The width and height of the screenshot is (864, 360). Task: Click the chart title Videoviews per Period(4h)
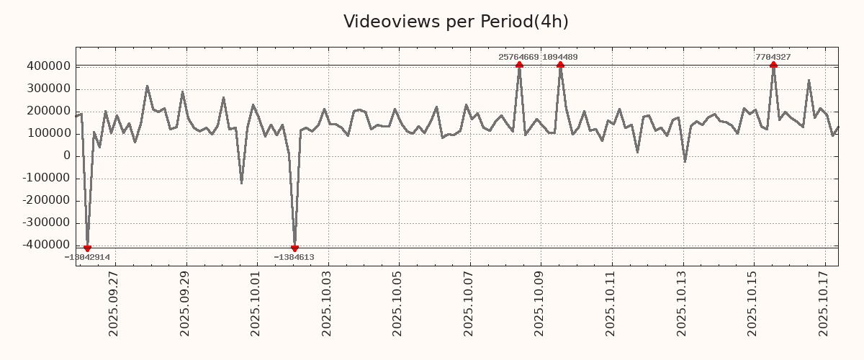tap(456, 22)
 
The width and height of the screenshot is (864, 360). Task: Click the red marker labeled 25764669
tap(519, 65)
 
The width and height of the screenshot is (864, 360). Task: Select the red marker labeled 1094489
tap(560, 65)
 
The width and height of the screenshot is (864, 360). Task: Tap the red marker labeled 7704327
tap(773, 65)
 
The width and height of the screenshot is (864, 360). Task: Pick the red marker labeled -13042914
tap(87, 248)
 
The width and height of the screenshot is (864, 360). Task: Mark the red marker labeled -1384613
tap(294, 248)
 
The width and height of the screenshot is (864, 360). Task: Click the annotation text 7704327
tap(773, 57)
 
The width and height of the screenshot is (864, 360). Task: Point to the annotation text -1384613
tap(294, 257)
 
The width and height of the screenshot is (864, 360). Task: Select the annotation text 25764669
tap(518, 57)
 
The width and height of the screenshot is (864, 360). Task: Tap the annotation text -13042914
tap(87, 257)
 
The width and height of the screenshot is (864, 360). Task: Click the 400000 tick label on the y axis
tap(48, 67)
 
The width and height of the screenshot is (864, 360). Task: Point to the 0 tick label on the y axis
tap(67, 156)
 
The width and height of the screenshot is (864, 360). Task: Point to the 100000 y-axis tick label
tap(48, 134)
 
